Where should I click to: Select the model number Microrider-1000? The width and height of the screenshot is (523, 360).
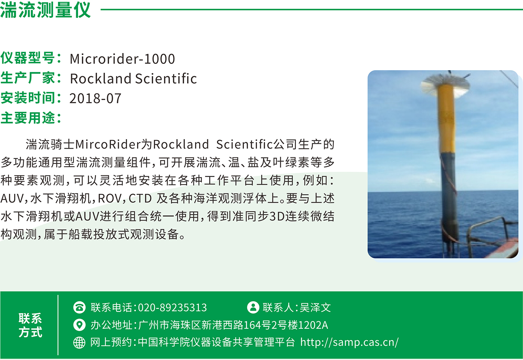(123, 59)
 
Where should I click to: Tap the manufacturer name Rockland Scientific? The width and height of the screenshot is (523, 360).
(133, 78)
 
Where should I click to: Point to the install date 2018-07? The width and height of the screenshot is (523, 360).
(95, 98)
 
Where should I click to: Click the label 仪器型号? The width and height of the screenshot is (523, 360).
(28, 58)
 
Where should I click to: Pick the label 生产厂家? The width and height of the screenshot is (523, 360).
(28, 78)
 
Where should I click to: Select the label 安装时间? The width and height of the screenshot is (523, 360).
(28, 97)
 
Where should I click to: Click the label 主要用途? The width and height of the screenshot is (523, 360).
(28, 118)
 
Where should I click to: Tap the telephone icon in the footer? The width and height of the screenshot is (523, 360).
(79, 307)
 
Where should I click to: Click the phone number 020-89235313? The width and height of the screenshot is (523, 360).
(172, 307)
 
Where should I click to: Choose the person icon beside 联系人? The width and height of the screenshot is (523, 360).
(253, 307)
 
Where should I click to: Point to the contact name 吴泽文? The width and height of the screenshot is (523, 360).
(315, 307)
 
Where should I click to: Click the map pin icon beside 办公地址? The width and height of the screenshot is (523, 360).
(79, 325)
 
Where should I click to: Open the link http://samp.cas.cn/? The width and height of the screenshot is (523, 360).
(349, 342)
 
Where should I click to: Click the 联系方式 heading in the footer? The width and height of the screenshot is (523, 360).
(30, 325)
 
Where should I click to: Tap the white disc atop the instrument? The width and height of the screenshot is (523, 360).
(445, 86)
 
